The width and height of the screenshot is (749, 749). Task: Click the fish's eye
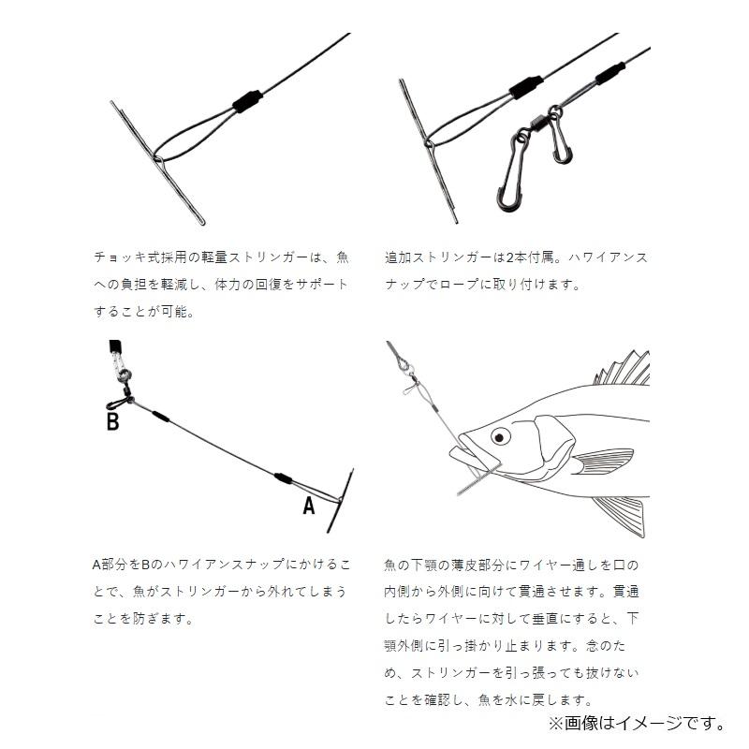click(x=501, y=435)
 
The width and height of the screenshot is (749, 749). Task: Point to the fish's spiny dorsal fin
click(x=623, y=370)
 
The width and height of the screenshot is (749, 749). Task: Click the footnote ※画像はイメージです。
click(x=637, y=722)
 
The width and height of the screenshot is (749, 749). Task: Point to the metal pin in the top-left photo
click(x=159, y=164)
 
